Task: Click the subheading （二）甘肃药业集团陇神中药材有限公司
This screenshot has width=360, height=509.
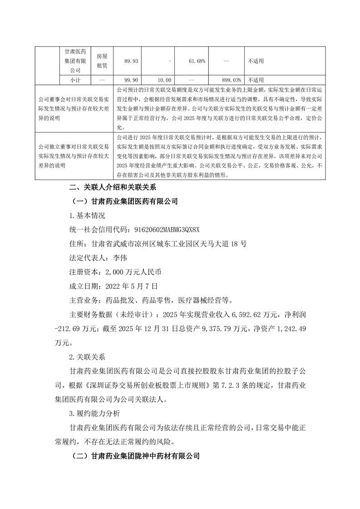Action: pos(136,456)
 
